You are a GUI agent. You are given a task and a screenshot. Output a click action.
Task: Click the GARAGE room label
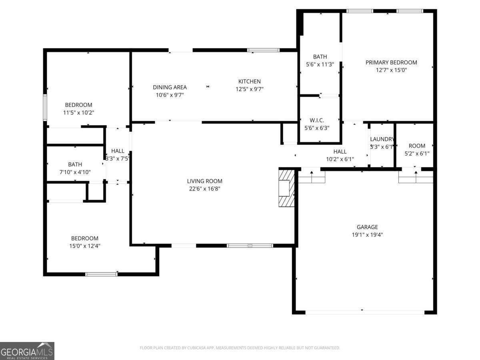367,227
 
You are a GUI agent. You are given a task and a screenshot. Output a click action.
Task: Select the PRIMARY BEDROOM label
391,62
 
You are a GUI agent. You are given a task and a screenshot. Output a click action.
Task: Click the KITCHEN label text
250,82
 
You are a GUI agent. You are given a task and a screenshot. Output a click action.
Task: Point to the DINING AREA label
170,87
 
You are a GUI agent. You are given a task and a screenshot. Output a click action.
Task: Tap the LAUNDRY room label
382,139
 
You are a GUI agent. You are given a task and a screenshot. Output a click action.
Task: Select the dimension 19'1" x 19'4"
367,235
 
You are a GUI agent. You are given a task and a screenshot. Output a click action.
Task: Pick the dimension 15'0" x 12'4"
85,246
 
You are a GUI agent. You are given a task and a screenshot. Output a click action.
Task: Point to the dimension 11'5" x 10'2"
79,113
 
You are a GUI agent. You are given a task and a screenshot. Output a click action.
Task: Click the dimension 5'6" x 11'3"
320,64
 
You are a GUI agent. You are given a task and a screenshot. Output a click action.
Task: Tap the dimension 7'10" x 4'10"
75,172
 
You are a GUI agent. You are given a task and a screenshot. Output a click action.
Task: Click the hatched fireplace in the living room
286,188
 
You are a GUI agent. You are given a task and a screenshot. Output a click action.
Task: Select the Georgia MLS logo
27,351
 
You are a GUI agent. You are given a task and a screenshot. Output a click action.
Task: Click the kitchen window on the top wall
263,50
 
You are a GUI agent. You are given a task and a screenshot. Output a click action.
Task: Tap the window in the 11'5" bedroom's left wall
45,107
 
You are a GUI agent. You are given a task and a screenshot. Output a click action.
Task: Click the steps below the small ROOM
416,177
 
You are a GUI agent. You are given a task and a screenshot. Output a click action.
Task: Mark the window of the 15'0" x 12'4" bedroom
102,274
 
